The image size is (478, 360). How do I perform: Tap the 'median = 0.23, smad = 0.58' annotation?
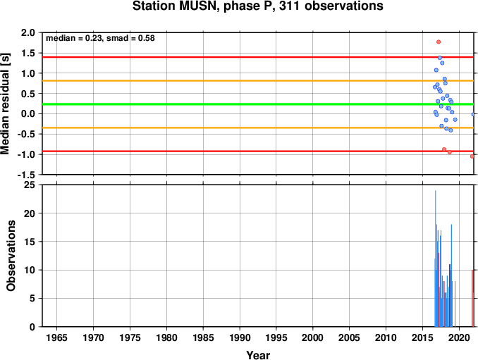coord(100,38)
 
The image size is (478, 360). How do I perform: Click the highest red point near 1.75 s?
coord(439,42)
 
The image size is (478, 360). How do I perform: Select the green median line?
coord(258,104)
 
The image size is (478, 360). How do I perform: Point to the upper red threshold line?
coord(258,57)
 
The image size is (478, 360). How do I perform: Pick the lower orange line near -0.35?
coord(258,128)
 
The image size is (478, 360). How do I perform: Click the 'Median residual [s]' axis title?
coord(5,104)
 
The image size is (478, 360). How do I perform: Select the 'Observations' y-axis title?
coord(11,256)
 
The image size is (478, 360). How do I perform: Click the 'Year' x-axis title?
coord(258,355)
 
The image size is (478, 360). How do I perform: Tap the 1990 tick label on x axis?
coord(240,337)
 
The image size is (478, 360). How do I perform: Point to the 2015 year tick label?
coord(422,337)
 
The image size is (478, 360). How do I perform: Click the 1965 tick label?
coord(56,337)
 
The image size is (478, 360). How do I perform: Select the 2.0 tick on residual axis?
coord(28,32)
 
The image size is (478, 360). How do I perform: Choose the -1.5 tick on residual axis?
coord(26,175)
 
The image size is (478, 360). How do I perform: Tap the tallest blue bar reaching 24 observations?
coord(435,259)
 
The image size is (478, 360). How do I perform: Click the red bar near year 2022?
coord(472,298)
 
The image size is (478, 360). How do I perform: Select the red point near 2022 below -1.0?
coord(472,156)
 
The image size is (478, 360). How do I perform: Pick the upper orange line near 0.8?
coord(258,81)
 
